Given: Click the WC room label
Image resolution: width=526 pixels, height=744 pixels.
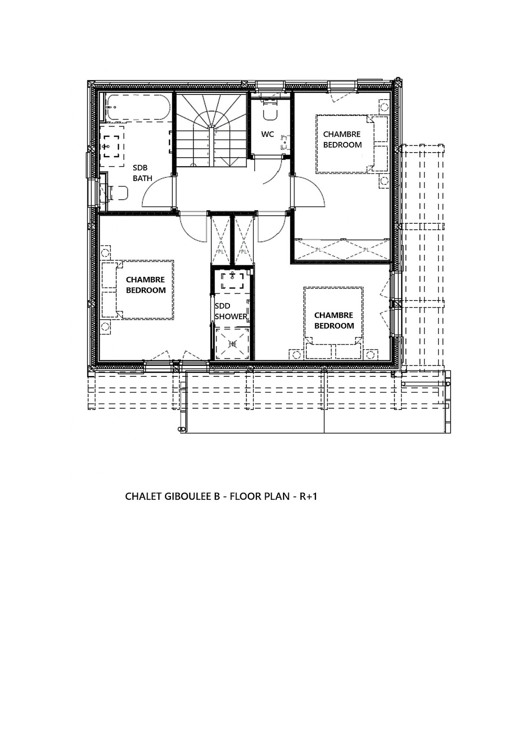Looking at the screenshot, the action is pyautogui.click(x=268, y=134).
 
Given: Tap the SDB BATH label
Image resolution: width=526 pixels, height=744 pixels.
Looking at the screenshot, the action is pyautogui.click(x=142, y=173).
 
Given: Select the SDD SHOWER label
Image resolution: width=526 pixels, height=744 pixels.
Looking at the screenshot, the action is pyautogui.click(x=231, y=311).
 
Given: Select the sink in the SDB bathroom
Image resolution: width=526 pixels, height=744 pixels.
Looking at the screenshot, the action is pyautogui.click(x=111, y=146).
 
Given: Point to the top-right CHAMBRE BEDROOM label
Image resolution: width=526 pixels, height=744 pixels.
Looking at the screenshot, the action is pyautogui.click(x=342, y=140).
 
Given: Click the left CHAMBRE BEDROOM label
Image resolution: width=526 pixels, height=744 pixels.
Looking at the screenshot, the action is pyautogui.click(x=146, y=285).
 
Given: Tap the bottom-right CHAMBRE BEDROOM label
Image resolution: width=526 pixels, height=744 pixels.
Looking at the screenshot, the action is pyautogui.click(x=334, y=321).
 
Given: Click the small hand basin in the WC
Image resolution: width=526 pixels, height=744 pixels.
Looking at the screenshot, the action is pyautogui.click(x=285, y=142).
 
